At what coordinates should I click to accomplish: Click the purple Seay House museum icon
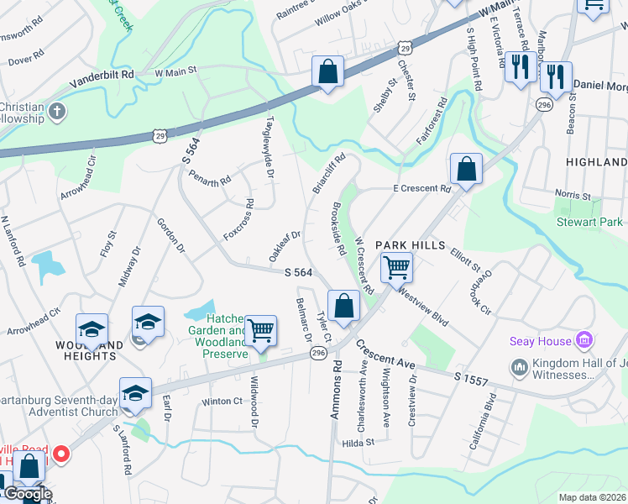pyautogui.click(x=585, y=340)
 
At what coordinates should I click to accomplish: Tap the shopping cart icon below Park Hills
pyautogui.click(x=395, y=267)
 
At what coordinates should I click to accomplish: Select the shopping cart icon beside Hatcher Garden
pyautogui.click(x=261, y=331)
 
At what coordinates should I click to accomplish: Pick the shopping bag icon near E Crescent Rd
pyautogui.click(x=466, y=168)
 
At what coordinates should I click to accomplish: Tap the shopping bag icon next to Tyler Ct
pyautogui.click(x=343, y=306)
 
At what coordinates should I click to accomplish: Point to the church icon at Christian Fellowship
pyautogui.click(x=57, y=112)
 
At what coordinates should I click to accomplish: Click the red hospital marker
pyautogui.click(x=61, y=454)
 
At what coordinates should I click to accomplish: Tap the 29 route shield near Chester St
pyautogui.click(x=406, y=50)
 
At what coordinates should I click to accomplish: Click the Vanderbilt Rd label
pyautogui.click(x=102, y=74)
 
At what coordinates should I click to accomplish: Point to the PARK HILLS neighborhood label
pyautogui.click(x=407, y=244)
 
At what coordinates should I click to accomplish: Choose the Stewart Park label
pyautogui.click(x=589, y=223)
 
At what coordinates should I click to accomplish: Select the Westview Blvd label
pyautogui.click(x=425, y=307)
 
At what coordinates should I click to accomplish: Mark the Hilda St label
pyautogui.click(x=358, y=442)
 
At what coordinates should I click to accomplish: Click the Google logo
pyautogui.click(x=27, y=494)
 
